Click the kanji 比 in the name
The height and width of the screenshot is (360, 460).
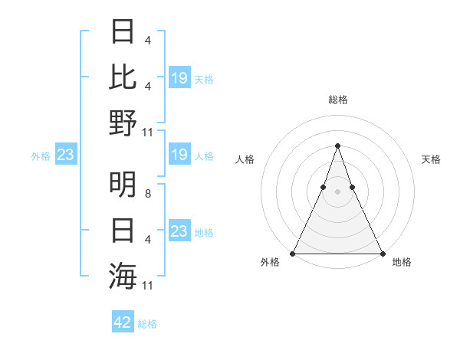tap(123, 77)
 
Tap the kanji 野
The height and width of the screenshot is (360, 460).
tap(123, 123)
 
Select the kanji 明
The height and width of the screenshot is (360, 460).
tap(123, 184)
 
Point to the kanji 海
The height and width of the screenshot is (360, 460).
tap(123, 274)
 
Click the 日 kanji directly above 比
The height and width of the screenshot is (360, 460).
tap(123, 32)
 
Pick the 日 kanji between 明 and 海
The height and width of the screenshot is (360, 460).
tap(123, 230)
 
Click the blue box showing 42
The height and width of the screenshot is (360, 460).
tap(123, 322)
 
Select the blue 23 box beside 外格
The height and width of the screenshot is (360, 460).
tap(66, 155)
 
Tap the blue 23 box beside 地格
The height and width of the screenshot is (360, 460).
tap(179, 231)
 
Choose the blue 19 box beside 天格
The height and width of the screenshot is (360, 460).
tap(179, 78)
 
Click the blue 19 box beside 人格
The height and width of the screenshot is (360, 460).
tap(179, 155)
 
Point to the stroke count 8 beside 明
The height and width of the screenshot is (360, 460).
tap(147, 195)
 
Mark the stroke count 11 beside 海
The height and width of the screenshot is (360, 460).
tap(149, 286)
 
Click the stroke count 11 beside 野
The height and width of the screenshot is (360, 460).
tap(149, 133)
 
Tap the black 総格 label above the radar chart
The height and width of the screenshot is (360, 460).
tap(337, 100)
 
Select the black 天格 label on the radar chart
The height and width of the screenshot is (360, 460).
tap(432, 159)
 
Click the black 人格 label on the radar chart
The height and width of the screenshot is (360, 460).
tap(245, 159)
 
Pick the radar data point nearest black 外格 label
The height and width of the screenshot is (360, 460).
tap(293, 253)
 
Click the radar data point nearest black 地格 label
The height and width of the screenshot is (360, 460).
tap(382, 253)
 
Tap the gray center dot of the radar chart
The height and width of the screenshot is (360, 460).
tap(337, 191)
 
